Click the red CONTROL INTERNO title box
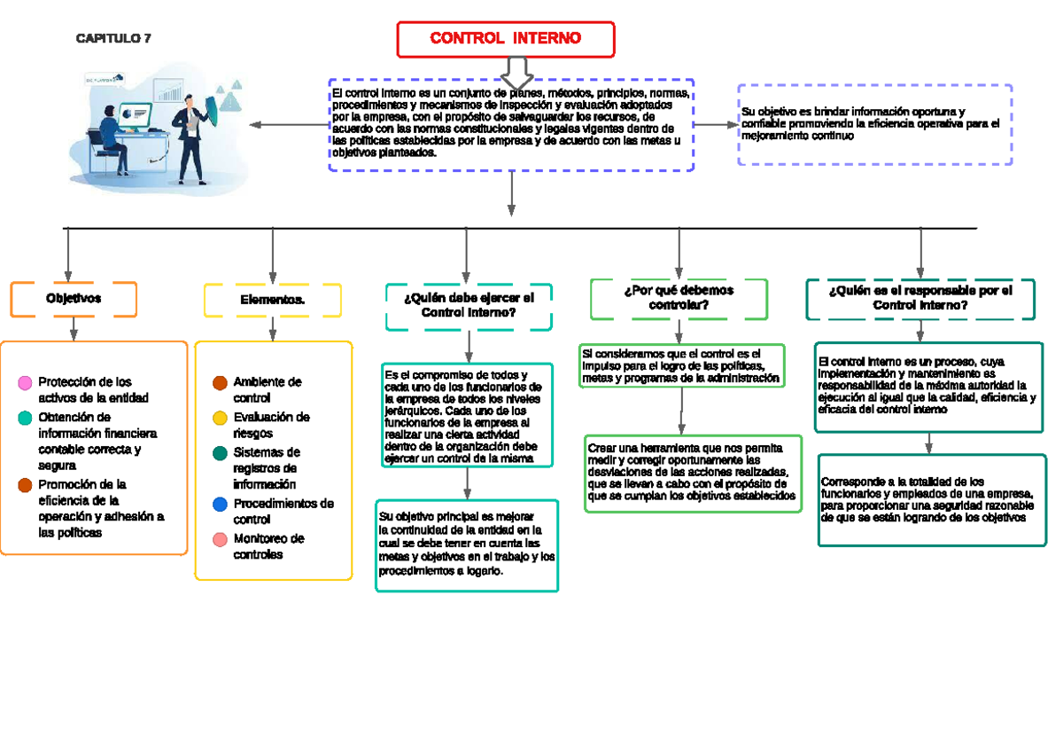point(506,38)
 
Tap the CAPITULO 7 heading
point(113,38)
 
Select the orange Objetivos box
point(74,299)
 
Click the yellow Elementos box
point(273,300)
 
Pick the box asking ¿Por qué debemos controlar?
point(679,298)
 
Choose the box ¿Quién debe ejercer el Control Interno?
point(469,306)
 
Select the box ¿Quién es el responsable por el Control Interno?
point(920,298)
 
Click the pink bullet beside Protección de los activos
point(25,383)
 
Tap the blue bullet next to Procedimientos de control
point(221,505)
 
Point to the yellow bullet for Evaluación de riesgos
point(221,418)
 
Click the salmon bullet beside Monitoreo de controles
point(221,539)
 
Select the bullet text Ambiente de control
point(267,390)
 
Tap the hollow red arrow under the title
point(513,70)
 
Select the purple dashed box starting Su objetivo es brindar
point(874,125)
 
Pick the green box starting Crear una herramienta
point(693,473)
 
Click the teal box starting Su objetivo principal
point(467,544)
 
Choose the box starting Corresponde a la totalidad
point(928,499)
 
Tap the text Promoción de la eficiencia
point(101,509)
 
